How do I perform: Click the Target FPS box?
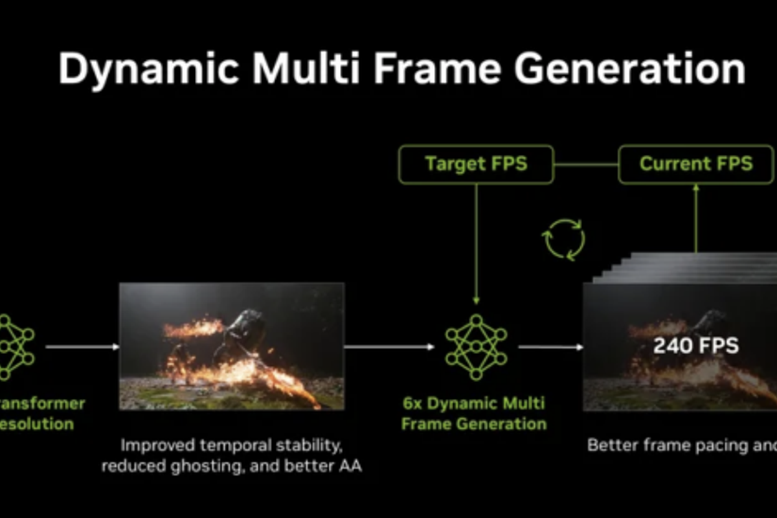click(x=476, y=164)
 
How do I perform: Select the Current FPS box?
click(x=696, y=164)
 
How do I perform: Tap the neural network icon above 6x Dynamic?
click(x=477, y=347)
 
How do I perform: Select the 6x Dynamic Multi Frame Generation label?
click(x=474, y=414)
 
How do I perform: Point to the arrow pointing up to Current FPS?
click(x=696, y=217)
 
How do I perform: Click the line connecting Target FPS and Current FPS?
click(x=586, y=164)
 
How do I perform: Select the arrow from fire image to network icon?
click(x=388, y=347)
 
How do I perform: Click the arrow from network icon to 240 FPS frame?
click(x=550, y=347)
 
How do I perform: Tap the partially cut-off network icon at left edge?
click(x=14, y=347)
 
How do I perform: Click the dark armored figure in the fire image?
click(x=243, y=330)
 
